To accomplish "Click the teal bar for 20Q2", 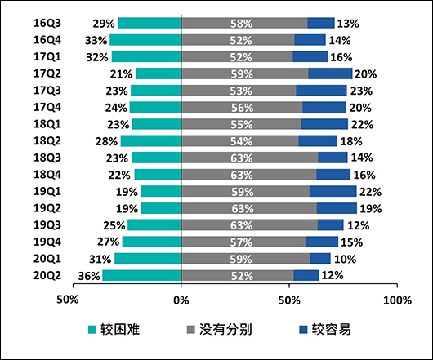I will (141, 275).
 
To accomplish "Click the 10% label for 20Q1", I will (346, 259).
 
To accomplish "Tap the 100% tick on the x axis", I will (397, 300).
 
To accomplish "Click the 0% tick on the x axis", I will (181, 300).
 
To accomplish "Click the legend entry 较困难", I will (119, 329).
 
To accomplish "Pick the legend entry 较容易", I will (325, 329).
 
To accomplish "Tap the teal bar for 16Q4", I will (145, 40).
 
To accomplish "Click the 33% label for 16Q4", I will (96, 40).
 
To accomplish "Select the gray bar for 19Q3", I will (249, 224).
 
